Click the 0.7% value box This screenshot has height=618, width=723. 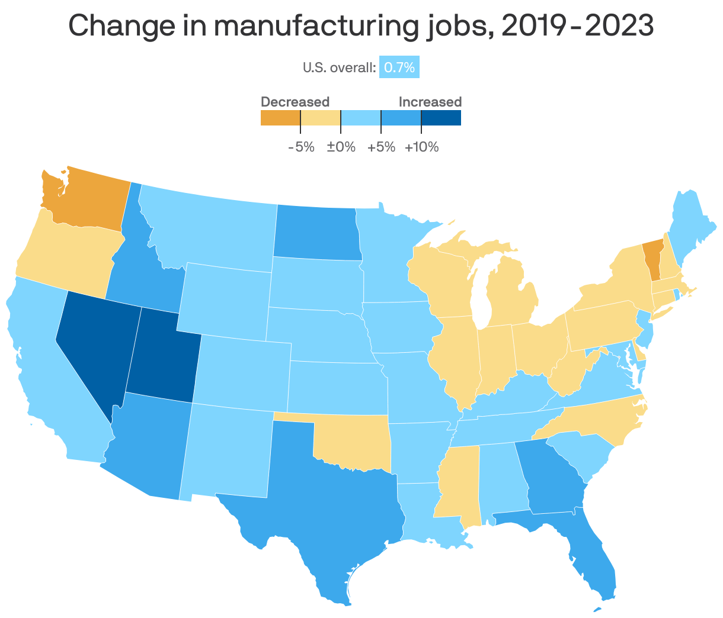coord(399,67)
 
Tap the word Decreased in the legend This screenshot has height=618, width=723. coord(295,102)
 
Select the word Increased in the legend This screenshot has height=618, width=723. coord(430,102)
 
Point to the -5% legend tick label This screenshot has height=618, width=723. coord(301,147)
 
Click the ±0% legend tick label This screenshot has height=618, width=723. coord(341,147)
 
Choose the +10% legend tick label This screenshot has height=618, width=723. coord(421,147)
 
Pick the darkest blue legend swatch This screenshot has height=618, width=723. coord(441,118)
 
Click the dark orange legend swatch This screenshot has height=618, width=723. coord(280,118)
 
